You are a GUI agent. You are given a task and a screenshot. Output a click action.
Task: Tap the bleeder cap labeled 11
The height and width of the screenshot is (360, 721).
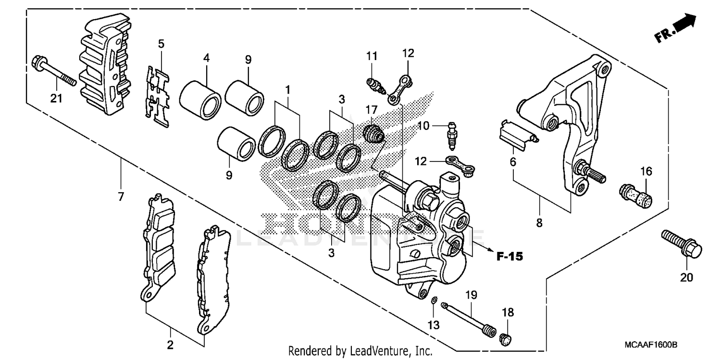[x=375, y=85]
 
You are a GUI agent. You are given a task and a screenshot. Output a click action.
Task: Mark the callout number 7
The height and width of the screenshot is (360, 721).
[x=120, y=197]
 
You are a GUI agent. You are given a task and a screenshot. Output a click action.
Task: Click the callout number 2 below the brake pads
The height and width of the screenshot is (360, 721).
[x=170, y=345]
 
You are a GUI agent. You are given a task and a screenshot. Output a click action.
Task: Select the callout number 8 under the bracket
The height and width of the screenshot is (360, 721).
[x=539, y=223]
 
